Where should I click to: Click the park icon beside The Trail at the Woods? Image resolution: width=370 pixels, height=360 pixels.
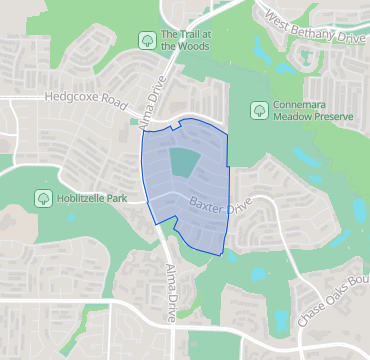pos(146,39)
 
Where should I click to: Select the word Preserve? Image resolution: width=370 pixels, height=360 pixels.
pos(330,117)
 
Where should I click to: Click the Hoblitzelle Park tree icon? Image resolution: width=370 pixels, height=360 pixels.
pos(44,198)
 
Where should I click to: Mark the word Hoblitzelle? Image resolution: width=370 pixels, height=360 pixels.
pos(85,198)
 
